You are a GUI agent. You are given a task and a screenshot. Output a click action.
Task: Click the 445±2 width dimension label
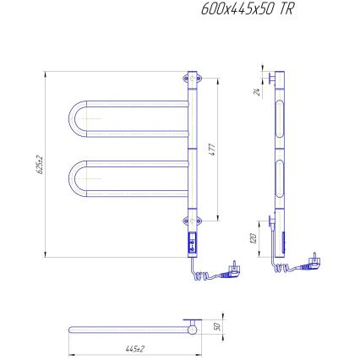[x=134, y=347]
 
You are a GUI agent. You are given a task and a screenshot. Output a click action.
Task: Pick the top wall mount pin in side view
[x=269, y=79]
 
